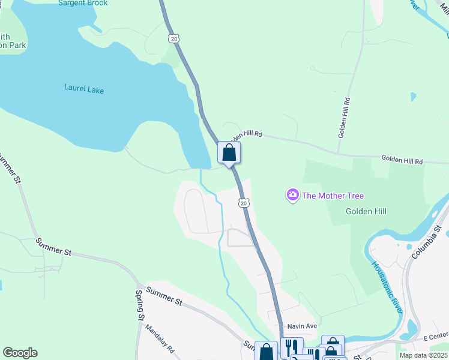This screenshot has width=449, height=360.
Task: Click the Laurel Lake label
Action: [84, 90]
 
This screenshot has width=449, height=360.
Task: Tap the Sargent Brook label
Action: [83, 3]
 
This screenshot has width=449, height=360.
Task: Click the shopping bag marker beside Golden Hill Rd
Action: [229, 152]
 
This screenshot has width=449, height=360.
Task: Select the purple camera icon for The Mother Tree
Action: [292, 195]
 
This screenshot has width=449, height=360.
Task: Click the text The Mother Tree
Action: [333, 196]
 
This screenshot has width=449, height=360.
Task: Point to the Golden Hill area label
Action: [366, 211]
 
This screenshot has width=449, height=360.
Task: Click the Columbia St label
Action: [427, 242]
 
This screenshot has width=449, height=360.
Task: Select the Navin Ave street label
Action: [301, 326]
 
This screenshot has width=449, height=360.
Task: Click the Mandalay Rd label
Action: [159, 339]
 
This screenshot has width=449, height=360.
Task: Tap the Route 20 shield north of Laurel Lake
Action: [173, 38]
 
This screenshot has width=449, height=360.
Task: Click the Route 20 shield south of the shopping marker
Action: [243, 203]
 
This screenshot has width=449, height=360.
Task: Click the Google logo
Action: [20, 353]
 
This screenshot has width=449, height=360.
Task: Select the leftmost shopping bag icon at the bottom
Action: [266, 352]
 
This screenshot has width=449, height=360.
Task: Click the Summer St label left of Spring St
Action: [53, 247]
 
